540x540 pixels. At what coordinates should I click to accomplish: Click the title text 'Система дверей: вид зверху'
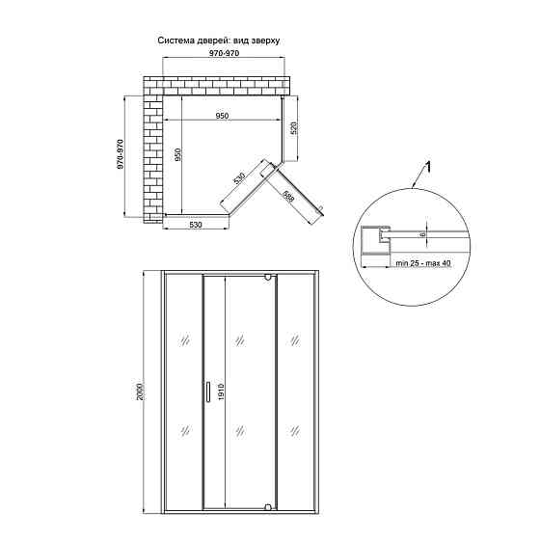(219, 40)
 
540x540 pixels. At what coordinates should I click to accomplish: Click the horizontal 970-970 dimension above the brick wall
(224, 53)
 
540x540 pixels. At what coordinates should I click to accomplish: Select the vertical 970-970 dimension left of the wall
(120, 154)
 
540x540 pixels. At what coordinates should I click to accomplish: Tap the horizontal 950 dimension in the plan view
(222, 116)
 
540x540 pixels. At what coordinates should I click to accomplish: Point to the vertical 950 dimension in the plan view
(177, 154)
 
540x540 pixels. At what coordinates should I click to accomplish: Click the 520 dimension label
(294, 127)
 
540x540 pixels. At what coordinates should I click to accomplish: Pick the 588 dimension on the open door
(288, 198)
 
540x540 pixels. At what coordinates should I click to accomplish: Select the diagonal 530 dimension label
(239, 178)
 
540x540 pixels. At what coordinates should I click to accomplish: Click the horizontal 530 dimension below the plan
(195, 225)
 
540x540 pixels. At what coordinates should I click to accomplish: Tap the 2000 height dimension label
(140, 391)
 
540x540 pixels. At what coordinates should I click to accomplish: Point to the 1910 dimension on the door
(221, 391)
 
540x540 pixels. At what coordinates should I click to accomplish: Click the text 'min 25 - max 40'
(423, 263)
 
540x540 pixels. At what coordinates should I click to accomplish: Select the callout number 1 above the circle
(427, 168)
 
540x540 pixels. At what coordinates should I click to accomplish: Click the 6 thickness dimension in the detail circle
(423, 234)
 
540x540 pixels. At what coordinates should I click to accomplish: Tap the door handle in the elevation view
(207, 391)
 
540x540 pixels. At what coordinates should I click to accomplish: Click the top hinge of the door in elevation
(268, 278)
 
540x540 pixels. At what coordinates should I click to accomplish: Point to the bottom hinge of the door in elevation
(268, 506)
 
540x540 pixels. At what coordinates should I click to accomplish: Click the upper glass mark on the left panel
(185, 341)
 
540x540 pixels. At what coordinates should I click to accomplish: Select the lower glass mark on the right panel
(295, 430)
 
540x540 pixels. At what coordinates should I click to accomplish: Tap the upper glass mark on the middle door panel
(240, 341)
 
